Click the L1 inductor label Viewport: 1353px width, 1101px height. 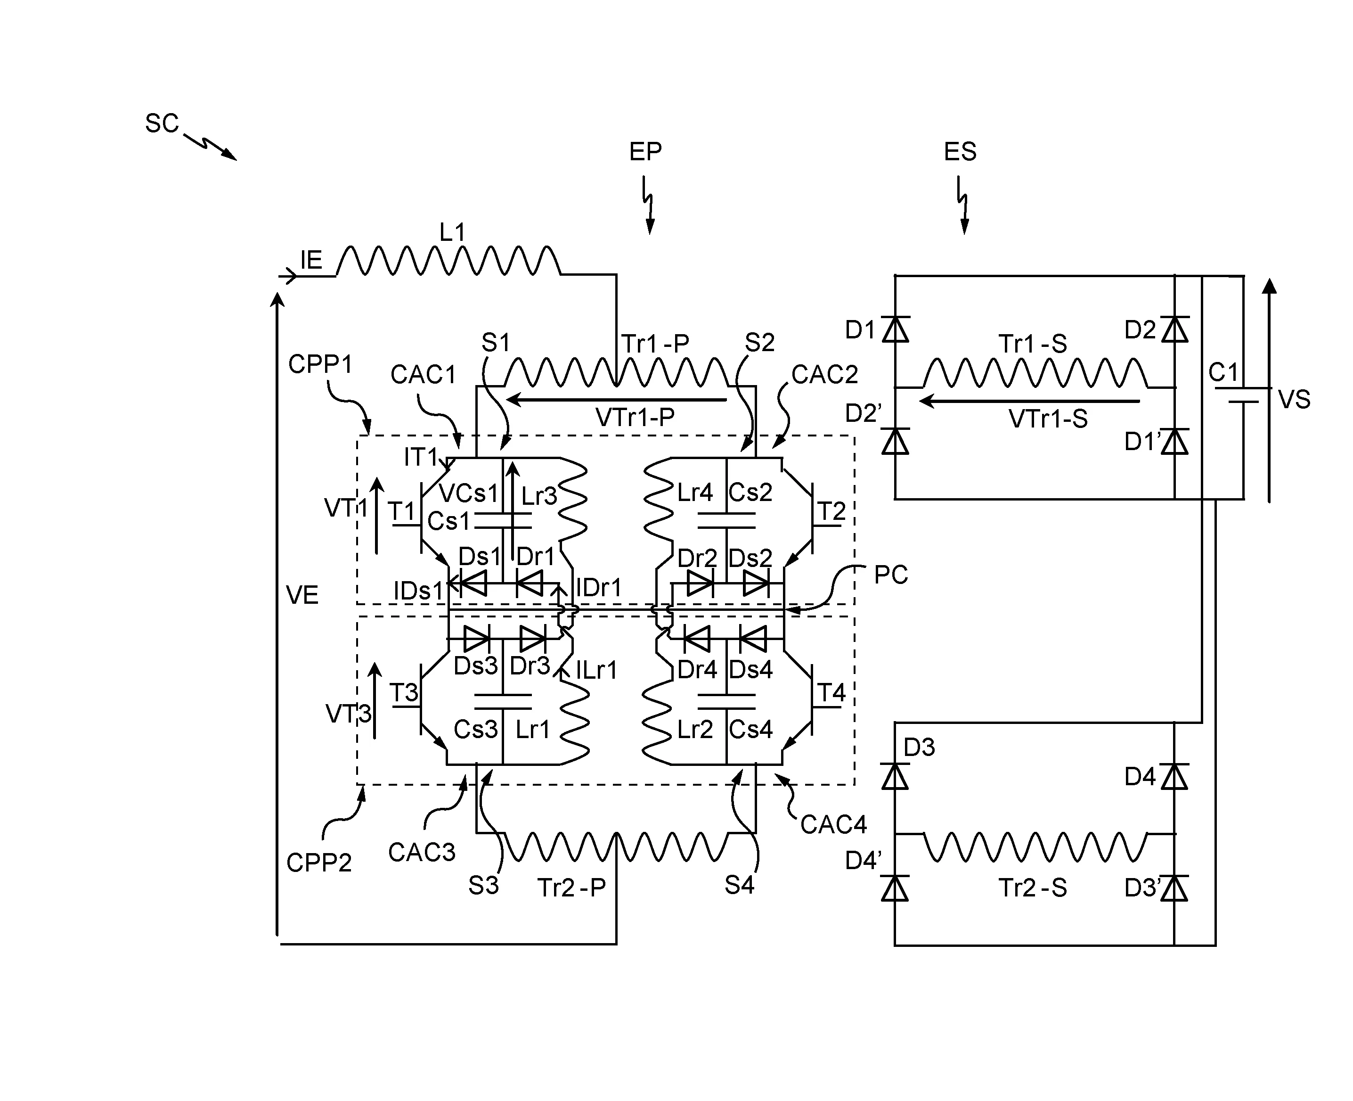pyautogui.click(x=452, y=233)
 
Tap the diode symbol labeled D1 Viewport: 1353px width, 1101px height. pyautogui.click(x=895, y=329)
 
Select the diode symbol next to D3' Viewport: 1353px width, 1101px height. pyautogui.click(x=1175, y=888)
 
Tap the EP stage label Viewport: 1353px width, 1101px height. pyautogui.click(x=645, y=152)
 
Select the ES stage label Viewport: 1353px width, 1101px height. pyautogui.click(x=960, y=152)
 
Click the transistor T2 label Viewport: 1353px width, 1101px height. pyautogui.click(x=831, y=511)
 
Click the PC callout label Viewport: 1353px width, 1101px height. pyautogui.click(x=890, y=575)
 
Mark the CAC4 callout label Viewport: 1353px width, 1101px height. pyautogui.click(x=833, y=824)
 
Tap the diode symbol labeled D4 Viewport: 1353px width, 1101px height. pyautogui.click(x=1175, y=776)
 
